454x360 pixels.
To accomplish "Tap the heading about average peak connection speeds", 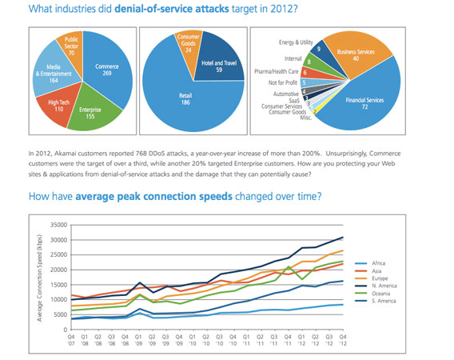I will point(176,196).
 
